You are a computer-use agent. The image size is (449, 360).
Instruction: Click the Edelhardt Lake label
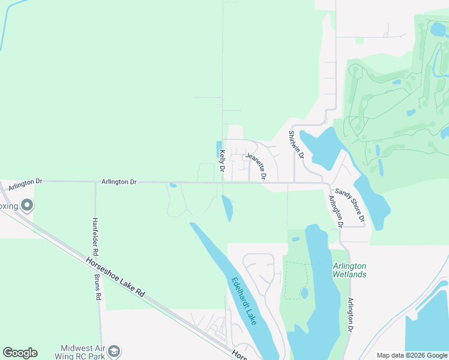244,301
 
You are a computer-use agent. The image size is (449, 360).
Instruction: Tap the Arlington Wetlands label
349,270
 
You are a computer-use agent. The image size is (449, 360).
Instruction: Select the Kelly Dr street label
221,162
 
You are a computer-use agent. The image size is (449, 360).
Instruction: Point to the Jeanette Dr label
256,167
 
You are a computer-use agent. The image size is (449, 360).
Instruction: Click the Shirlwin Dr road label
297,145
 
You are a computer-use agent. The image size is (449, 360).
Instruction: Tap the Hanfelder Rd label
94,234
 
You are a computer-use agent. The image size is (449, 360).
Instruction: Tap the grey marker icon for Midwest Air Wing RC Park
115,352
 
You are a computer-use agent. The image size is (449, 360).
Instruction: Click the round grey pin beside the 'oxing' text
26,206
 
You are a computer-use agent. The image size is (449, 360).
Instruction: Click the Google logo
20,353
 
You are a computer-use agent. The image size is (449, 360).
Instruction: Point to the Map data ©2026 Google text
411,355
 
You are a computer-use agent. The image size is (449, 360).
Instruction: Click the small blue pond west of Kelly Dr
218,149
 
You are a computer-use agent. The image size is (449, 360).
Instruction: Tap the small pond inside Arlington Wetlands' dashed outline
304,293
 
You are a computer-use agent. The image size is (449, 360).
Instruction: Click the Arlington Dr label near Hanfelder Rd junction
119,181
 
